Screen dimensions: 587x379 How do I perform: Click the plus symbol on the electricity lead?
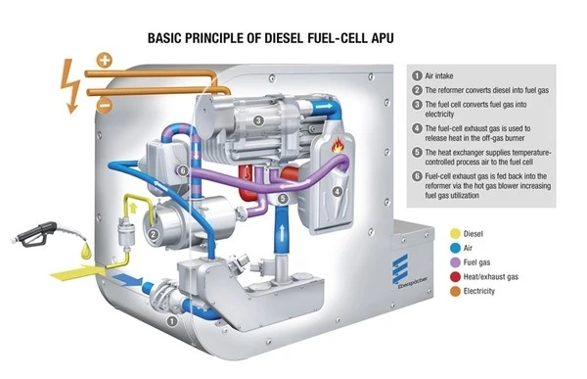[x=105, y=60]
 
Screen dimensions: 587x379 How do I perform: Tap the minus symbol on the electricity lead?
[x=105, y=106]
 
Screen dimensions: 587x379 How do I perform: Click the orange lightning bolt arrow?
[x=70, y=86]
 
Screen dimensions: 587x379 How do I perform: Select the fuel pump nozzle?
[x=34, y=235]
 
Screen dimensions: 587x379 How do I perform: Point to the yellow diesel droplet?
[x=86, y=251]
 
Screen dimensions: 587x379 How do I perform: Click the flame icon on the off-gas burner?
[x=338, y=145]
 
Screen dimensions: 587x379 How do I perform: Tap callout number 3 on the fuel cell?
[x=258, y=120]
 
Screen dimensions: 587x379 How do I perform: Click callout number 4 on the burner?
[x=338, y=192]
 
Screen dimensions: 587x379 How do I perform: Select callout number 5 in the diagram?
[x=283, y=198]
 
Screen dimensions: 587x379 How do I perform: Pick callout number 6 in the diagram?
[x=182, y=170]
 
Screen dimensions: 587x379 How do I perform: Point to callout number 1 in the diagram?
[x=171, y=321]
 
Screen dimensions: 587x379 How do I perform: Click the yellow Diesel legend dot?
[x=455, y=233]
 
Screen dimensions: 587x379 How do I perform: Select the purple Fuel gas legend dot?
[x=455, y=262]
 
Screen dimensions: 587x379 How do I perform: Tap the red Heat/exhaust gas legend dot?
[x=455, y=277]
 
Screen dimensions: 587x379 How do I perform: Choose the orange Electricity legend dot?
[x=455, y=291]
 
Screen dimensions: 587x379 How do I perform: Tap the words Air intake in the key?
[x=438, y=76]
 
